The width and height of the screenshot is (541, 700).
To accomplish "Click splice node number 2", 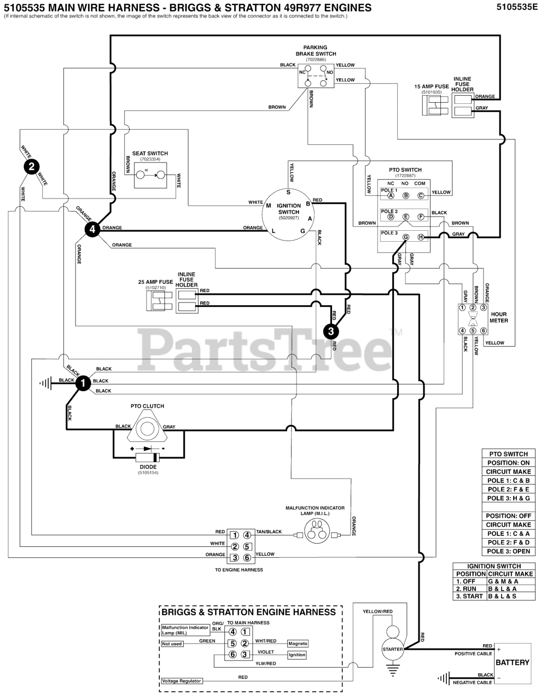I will point(32,167).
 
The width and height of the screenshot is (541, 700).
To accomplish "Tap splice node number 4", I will point(92,230).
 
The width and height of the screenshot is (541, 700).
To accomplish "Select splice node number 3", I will point(331,330).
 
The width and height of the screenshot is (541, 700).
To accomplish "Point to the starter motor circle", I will point(392,649).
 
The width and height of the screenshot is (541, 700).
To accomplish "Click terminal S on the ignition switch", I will point(288,192).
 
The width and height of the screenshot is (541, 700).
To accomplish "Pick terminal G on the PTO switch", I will point(405,237).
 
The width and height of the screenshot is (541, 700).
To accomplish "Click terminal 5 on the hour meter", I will point(473,330).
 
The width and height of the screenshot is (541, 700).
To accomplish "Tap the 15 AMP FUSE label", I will point(431,86).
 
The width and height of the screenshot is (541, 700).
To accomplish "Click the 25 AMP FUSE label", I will point(155,282).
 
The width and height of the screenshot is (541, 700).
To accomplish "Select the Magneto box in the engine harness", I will point(298,644).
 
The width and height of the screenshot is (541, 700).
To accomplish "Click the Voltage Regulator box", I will point(182,681).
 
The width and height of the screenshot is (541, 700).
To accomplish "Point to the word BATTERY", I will point(512,662).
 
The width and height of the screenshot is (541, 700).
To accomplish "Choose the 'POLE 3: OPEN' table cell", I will point(509,551).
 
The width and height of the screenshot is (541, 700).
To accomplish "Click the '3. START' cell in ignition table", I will point(469,596).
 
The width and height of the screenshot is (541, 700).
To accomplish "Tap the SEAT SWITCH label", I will point(150,154).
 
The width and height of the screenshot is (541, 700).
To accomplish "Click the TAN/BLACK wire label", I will point(269,532).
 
